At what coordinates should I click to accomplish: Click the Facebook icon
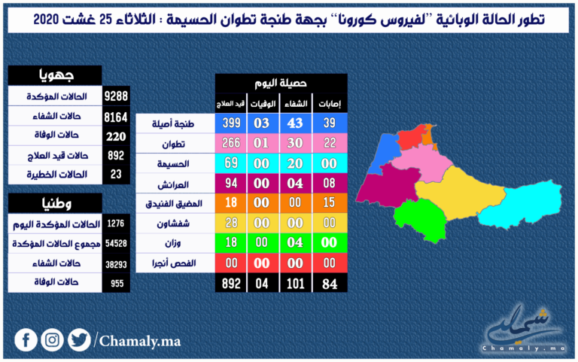pyautogui.click(x=26, y=340)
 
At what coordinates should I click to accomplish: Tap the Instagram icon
pyautogui.click(x=53, y=340)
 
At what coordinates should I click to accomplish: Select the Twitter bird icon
pyautogui.click(x=79, y=340)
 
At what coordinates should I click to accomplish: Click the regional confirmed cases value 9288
pyautogui.click(x=116, y=96)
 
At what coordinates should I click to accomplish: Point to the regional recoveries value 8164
pyautogui.click(x=116, y=117)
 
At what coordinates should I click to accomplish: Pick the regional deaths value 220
pyautogui.click(x=116, y=137)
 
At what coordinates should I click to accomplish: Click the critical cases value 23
pyautogui.click(x=116, y=174)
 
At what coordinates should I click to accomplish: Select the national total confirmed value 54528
pyautogui.click(x=116, y=243)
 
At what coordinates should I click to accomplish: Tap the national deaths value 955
pyautogui.click(x=117, y=283)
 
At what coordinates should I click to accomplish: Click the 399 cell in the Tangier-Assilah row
pyautogui.click(x=231, y=123)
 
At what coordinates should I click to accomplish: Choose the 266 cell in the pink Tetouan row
pyautogui.click(x=231, y=143)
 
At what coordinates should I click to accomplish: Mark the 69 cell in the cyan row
pyautogui.click(x=231, y=163)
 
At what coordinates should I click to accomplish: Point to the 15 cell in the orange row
pyautogui.click(x=329, y=202)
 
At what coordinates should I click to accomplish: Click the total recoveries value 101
pyautogui.click(x=295, y=284)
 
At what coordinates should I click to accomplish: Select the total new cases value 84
pyautogui.click(x=330, y=284)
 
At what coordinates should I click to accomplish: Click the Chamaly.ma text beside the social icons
pyautogui.click(x=140, y=341)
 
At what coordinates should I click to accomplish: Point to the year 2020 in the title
pyautogui.click(x=47, y=19)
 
